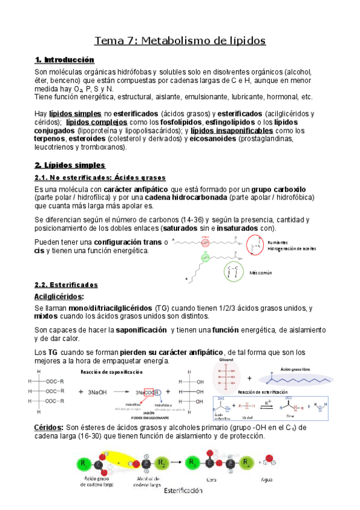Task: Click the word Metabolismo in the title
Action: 174,40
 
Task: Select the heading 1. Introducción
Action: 65,60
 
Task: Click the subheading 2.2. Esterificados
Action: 66,284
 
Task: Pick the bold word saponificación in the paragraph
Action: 141,330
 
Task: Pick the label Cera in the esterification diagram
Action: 210,480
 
